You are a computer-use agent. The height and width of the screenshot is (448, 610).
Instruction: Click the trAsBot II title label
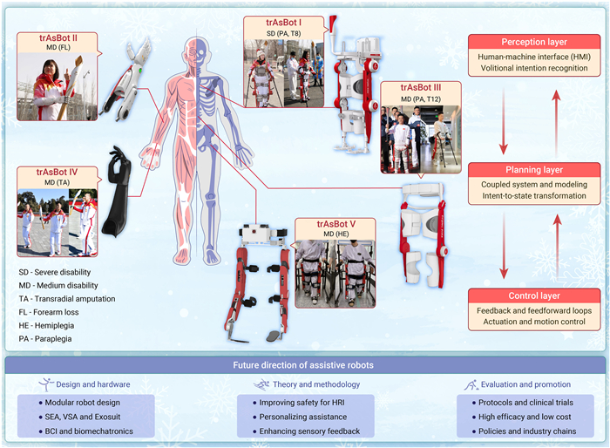point(58,38)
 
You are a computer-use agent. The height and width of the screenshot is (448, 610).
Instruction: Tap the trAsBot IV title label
point(57,172)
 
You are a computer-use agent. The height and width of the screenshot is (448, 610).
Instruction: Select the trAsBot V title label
point(336,224)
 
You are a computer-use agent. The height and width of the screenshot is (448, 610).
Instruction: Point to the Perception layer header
point(534,42)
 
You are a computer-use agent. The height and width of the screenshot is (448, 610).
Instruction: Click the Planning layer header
point(534,170)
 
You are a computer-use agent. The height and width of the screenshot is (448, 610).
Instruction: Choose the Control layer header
point(534,295)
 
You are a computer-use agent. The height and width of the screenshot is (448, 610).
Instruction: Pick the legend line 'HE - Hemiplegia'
point(46,325)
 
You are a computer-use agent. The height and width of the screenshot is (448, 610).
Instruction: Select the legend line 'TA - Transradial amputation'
point(67,299)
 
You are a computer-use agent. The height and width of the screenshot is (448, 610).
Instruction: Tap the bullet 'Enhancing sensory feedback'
point(306,431)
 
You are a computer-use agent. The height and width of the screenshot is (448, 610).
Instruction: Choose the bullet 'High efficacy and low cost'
point(521,417)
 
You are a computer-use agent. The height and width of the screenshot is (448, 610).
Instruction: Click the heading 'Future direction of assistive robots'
point(303,365)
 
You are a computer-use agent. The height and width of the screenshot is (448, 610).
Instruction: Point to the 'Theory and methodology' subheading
point(316,384)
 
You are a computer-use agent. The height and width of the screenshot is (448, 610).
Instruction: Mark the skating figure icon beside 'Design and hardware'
point(46,384)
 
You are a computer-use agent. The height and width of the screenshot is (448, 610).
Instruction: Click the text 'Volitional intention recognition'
point(534,68)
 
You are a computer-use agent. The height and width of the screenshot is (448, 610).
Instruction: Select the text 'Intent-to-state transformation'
point(534,196)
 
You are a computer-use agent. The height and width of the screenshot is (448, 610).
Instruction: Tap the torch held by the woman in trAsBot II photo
point(71,87)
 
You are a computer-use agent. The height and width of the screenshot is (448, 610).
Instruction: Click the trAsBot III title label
point(421,87)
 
